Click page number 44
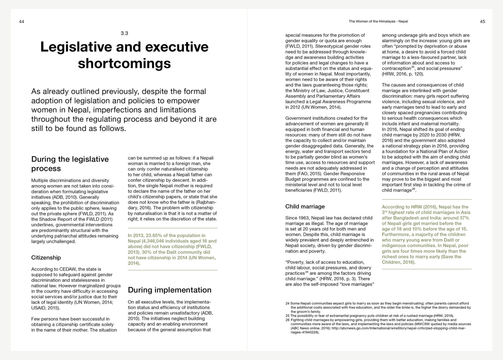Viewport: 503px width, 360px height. (22, 22)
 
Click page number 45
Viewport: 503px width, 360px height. (482, 22)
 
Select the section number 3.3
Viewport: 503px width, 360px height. (124, 33)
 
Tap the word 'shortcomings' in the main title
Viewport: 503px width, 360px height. (124, 63)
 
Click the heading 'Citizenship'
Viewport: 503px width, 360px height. (46, 258)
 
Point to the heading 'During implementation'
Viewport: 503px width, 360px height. (169, 290)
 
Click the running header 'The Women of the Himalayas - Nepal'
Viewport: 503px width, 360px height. (378, 22)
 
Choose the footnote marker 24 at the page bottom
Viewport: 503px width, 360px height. (287, 303)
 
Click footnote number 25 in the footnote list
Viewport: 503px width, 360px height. (287, 316)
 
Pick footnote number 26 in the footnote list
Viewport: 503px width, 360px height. (287, 320)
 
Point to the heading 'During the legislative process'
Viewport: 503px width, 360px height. (70, 164)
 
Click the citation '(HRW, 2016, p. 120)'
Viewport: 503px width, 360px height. (403, 74)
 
